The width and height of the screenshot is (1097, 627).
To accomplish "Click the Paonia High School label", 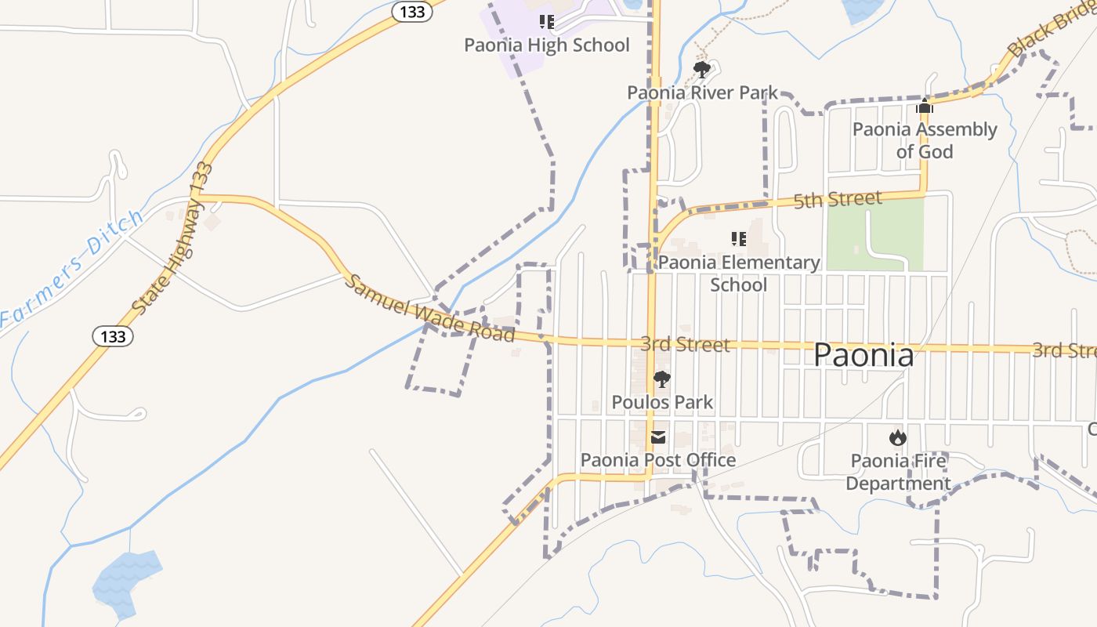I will click(546, 45).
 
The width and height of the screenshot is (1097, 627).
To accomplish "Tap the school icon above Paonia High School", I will click(547, 22).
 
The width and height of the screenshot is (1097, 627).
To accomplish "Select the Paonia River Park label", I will click(702, 93).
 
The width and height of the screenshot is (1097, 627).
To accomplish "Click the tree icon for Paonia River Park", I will click(702, 71).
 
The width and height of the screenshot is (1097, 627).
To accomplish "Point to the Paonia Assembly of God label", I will click(925, 140).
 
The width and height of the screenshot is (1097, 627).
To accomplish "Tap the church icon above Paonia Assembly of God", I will click(925, 107).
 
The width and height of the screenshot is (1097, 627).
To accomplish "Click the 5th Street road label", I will click(838, 200).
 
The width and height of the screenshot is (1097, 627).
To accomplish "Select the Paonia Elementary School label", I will click(738, 273).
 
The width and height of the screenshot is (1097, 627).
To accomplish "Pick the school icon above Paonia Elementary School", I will click(738, 239).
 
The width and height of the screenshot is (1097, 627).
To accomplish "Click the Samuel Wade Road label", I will click(429, 308).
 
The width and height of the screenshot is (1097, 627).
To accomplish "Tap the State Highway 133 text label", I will click(172, 239).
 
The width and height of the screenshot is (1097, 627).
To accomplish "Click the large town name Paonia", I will click(863, 355).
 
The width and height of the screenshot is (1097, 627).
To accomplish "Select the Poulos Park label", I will click(662, 403).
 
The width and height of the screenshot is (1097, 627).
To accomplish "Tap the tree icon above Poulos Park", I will click(662, 380).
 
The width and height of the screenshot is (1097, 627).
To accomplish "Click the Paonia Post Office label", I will click(657, 460).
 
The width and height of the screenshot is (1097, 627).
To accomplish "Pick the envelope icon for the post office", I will click(658, 437).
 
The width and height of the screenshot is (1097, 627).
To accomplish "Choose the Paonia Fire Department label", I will click(898, 472).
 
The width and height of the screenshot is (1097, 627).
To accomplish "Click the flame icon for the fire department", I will click(898, 437).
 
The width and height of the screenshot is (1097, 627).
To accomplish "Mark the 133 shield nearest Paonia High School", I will click(412, 12).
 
